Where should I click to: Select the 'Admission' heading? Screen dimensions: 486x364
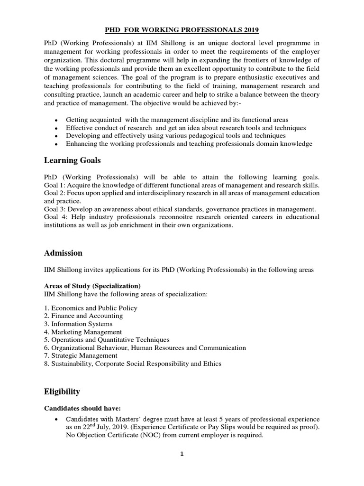(63, 252)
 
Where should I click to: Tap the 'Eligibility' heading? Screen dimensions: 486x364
(62, 392)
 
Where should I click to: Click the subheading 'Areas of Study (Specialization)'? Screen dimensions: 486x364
(92, 286)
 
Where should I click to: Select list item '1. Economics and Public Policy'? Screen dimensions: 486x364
(91, 308)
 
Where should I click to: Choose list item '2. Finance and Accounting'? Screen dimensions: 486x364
(83, 316)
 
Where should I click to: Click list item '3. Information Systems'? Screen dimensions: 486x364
(78, 324)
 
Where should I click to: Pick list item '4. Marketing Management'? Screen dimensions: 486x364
(83, 332)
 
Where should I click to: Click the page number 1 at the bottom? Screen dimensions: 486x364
(182, 454)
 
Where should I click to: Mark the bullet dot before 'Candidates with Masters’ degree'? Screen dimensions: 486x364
(56, 420)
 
